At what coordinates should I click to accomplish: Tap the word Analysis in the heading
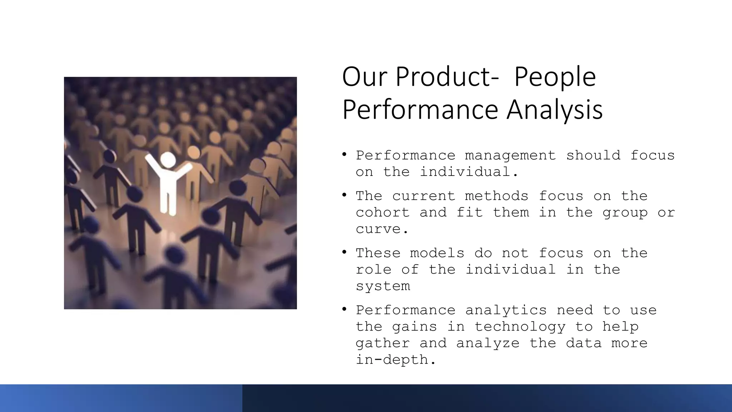(554, 109)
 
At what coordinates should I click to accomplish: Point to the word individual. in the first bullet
(469, 172)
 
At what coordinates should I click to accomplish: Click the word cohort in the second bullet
(383, 213)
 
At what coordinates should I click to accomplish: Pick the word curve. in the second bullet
(382, 229)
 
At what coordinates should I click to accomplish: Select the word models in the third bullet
(437, 253)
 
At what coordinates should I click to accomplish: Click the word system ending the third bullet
(383, 286)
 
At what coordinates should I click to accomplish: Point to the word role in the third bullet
(374, 270)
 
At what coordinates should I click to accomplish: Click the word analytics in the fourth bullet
(506, 310)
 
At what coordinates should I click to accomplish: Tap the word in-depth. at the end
(396, 360)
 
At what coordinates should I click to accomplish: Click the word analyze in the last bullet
(488, 343)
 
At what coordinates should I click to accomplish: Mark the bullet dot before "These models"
(344, 252)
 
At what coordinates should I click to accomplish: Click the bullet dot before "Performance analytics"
(344, 309)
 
